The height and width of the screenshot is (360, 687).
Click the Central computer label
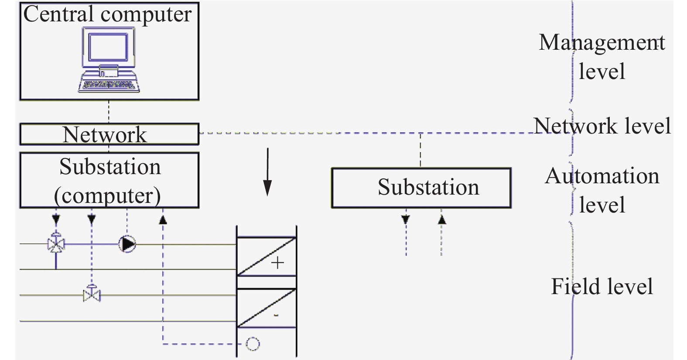coord(107,14)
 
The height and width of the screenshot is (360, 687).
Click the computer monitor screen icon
coord(108,47)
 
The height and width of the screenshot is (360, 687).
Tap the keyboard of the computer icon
coord(109,84)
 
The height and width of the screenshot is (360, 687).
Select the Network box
coord(109,134)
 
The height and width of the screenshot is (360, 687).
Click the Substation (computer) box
coord(109,180)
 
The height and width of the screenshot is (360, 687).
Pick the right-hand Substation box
coord(421,188)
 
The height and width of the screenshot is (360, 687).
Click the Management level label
coord(602,57)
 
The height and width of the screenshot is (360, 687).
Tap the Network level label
coord(602,126)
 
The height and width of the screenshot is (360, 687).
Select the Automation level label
coord(602,190)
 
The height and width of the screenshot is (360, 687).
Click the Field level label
coord(602,287)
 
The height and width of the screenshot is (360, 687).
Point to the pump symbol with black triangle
coord(127,244)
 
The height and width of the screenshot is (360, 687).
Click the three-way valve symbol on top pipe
coord(56,244)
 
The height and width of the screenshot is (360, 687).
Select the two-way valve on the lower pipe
coord(92,295)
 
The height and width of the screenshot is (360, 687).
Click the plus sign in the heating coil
coord(277,263)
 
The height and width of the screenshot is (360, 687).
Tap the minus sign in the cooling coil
coord(276,315)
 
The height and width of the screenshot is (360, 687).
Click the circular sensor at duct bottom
coord(253,344)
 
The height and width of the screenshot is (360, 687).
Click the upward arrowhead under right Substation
coord(442,219)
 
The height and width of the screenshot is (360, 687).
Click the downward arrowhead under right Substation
coord(406,219)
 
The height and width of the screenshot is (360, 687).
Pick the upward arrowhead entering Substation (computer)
coord(163,219)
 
